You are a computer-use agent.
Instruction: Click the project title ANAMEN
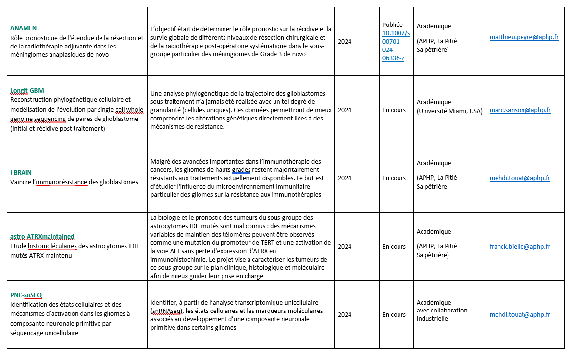(x=24, y=28)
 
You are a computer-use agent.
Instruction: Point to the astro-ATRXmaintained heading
(x=42, y=236)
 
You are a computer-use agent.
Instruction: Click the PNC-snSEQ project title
(x=26, y=295)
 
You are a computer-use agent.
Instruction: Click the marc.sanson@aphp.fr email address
(x=520, y=110)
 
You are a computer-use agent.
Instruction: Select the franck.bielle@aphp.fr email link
(x=520, y=247)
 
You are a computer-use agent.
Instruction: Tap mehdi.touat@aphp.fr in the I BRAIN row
(x=520, y=178)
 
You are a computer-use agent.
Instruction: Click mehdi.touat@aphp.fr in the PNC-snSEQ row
(x=520, y=315)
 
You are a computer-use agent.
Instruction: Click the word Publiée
(x=392, y=24)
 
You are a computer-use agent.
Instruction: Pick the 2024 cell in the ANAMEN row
(x=345, y=42)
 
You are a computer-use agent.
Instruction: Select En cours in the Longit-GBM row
(x=394, y=110)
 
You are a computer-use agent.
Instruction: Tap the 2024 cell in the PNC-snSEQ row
(x=345, y=315)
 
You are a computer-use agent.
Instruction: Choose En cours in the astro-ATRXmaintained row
(x=394, y=247)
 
